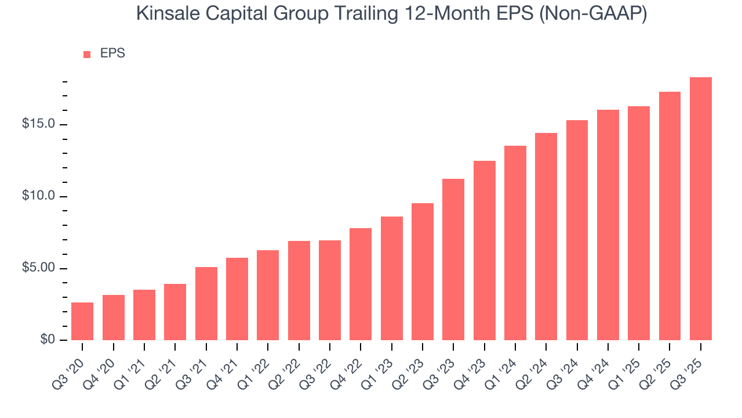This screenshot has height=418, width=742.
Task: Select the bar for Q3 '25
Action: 701,208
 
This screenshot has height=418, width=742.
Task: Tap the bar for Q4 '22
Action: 361,284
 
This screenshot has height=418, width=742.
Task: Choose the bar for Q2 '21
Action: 175,312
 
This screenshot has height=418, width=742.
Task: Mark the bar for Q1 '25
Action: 639,223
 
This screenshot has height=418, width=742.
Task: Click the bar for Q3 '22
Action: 330,290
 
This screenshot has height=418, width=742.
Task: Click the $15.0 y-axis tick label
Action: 39,125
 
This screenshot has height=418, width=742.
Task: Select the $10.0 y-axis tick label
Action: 39,196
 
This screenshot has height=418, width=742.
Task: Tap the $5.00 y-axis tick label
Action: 39,268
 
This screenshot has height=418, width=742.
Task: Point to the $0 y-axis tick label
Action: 47,340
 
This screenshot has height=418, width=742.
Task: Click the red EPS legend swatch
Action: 87,54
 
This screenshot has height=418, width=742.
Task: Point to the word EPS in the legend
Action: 112,53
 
